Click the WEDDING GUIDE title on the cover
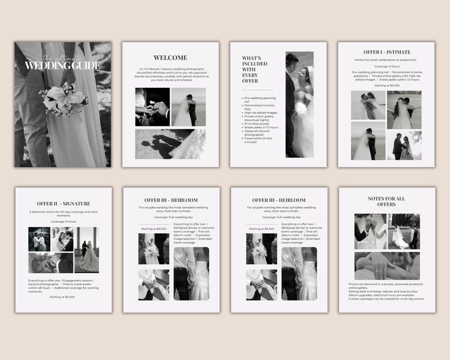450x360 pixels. (x=62, y=66)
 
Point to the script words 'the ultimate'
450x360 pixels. (x=62, y=57)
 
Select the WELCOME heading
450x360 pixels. (x=170, y=58)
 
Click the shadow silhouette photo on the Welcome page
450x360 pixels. (x=170, y=144)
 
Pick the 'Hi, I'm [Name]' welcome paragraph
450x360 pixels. (x=170, y=74)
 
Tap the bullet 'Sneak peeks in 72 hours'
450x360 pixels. (x=261, y=128)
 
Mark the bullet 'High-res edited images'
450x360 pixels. (x=260, y=112)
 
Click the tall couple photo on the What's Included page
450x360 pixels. (x=299, y=105)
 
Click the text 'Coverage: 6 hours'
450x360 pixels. (x=386, y=66)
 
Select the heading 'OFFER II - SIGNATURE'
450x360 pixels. (x=63, y=204)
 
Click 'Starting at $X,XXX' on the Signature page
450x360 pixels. (x=62, y=297)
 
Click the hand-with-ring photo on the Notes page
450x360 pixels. (x=387, y=266)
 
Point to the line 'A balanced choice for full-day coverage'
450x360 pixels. (x=63, y=211)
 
